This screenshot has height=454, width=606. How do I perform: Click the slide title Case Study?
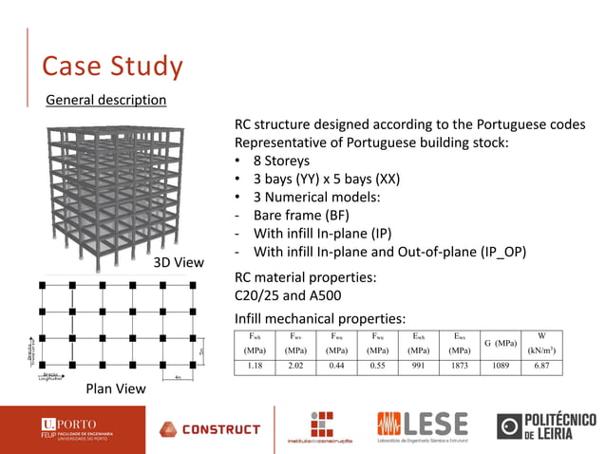112,66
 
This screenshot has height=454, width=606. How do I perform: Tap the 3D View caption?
179,262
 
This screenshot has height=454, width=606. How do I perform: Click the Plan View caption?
116,388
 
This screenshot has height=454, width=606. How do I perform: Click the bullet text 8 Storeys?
281,161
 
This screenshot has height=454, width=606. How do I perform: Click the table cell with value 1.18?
255,364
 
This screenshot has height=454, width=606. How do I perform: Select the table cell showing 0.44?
336,364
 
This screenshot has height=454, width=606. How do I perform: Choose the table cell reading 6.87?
541,364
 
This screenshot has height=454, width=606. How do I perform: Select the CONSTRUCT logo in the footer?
210,429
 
